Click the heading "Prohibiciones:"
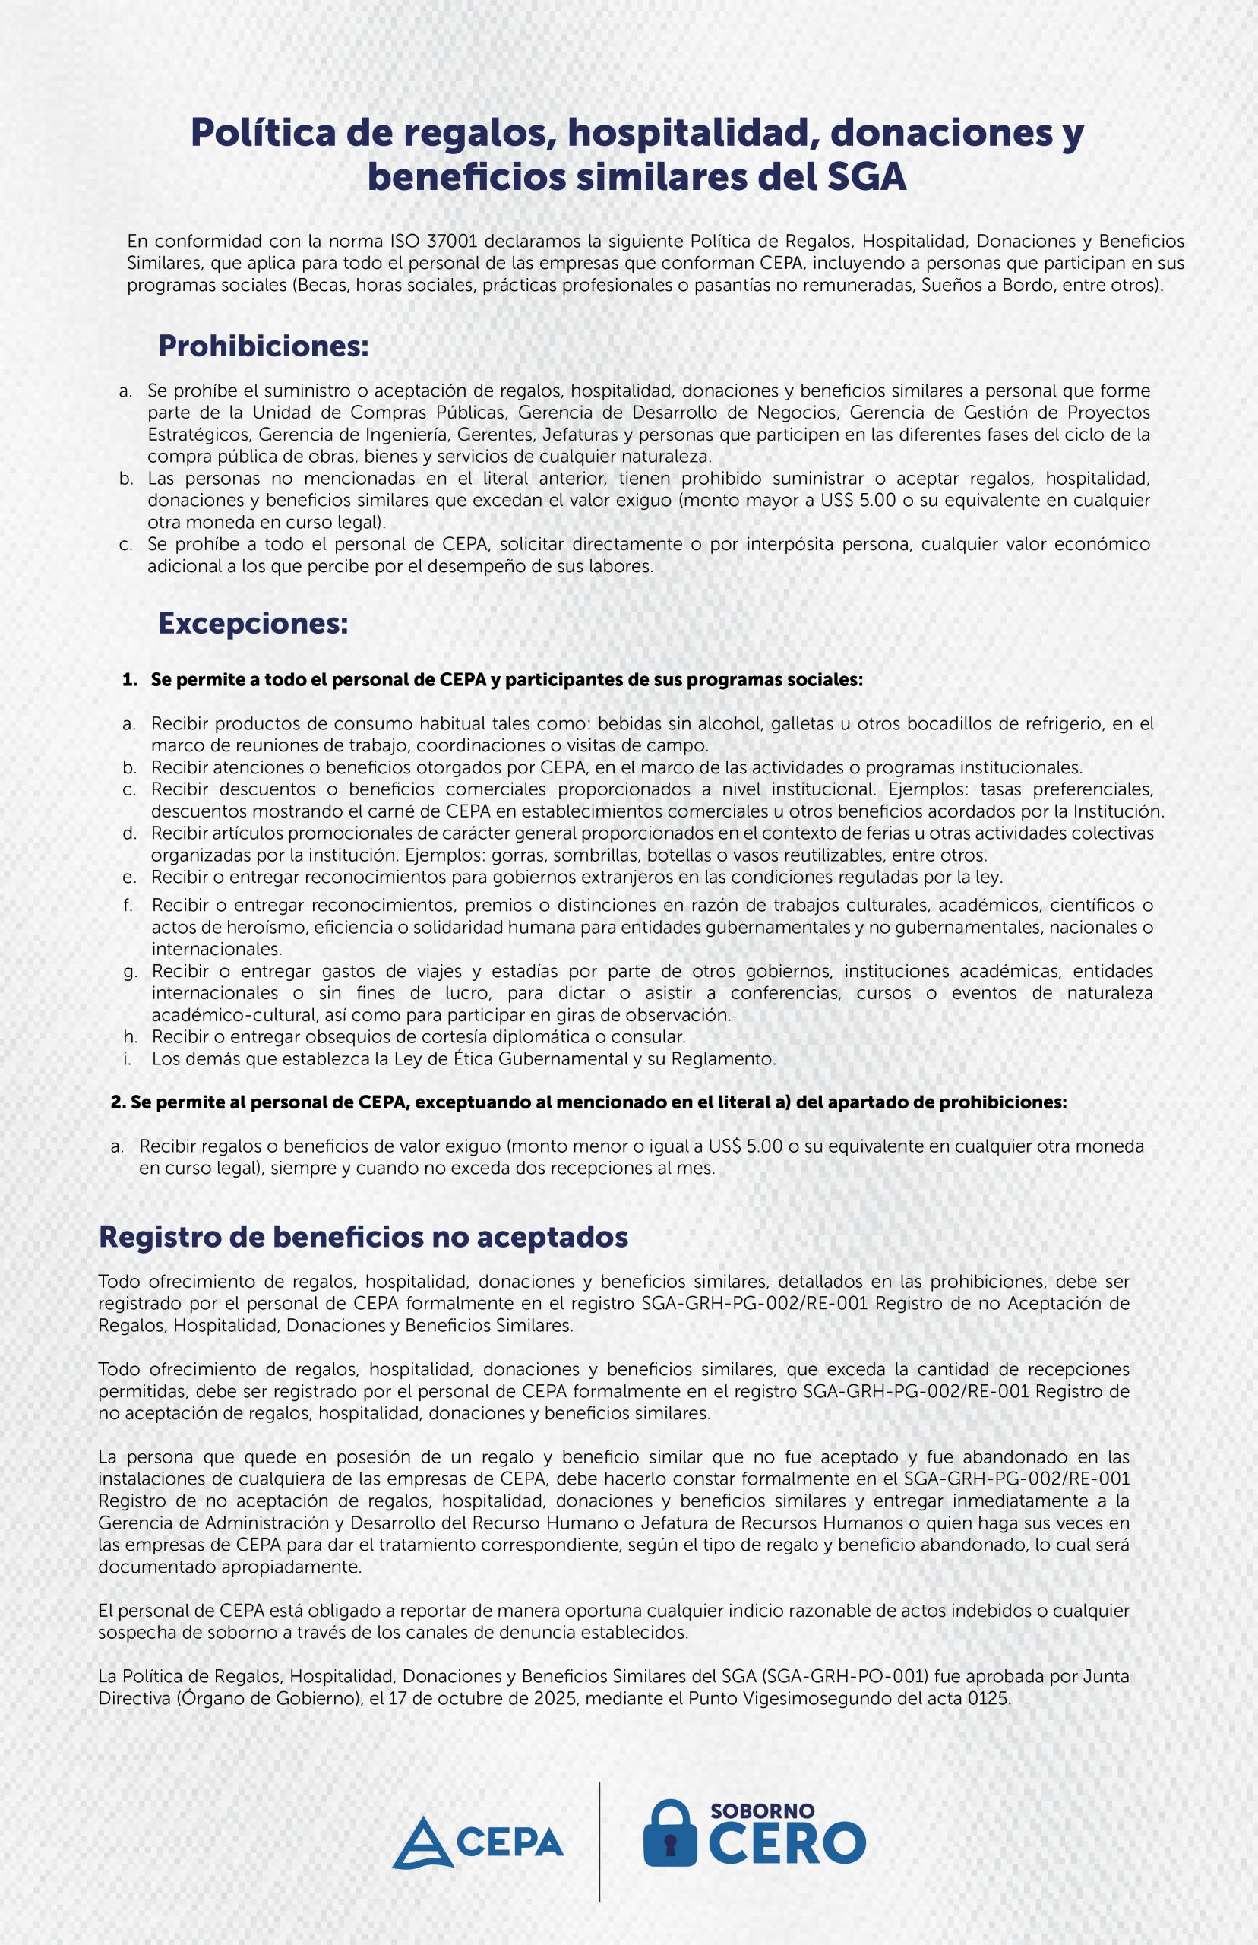pyautogui.click(x=263, y=346)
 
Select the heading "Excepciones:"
pyautogui.click(x=253, y=623)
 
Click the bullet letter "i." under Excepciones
pyautogui.click(x=128, y=1058)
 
